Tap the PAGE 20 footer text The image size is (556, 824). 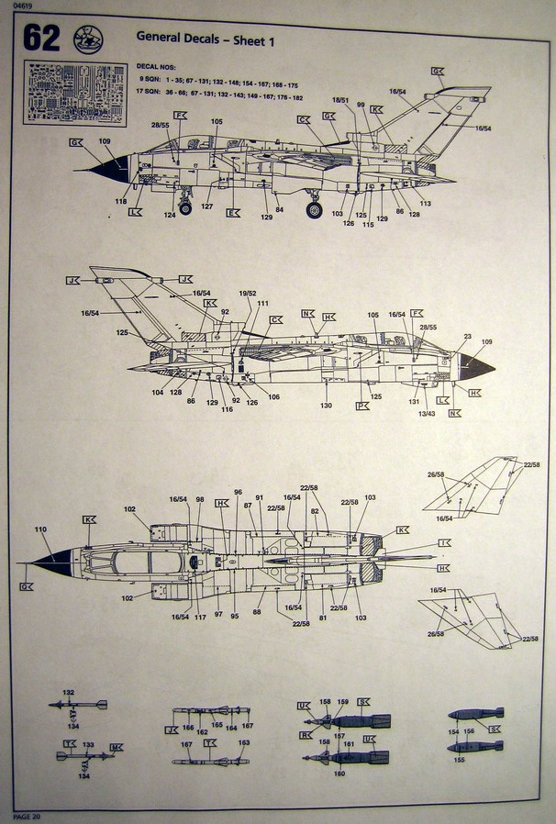(27, 816)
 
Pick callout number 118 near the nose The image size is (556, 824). (121, 201)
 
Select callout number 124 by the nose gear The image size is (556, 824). (170, 216)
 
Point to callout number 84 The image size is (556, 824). (279, 210)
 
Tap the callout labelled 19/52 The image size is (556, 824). (247, 294)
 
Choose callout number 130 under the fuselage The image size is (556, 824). (326, 406)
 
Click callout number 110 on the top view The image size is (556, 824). (39, 530)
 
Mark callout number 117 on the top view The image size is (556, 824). (200, 617)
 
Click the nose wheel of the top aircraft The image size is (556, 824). (185, 208)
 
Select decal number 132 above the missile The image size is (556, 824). (68, 693)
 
